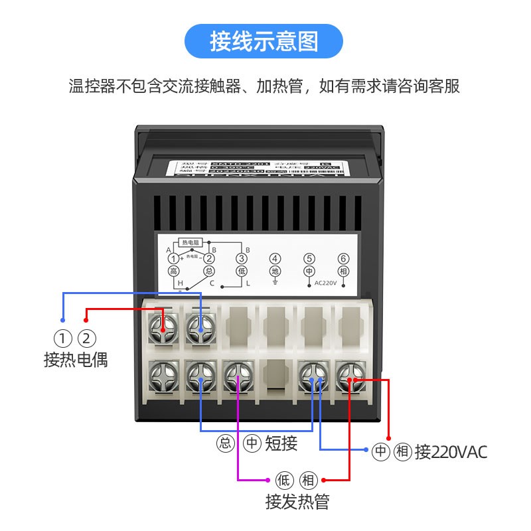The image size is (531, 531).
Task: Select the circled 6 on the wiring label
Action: (342, 259)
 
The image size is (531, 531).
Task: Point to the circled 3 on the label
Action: (242, 259)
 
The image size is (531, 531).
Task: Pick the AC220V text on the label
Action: (326, 283)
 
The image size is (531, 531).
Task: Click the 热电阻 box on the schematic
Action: (190, 243)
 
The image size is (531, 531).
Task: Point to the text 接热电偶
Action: (75, 360)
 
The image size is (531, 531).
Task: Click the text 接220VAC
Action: (451, 453)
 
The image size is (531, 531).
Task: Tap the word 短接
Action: (281, 443)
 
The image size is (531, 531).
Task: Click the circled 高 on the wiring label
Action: (173, 271)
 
